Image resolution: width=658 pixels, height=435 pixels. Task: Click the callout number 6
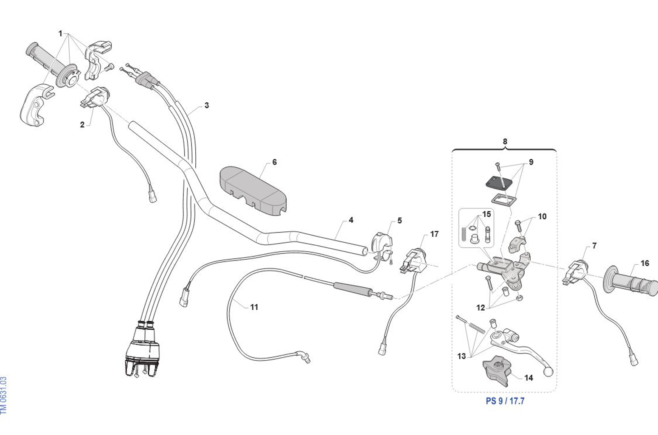pyautogui.click(x=274, y=162)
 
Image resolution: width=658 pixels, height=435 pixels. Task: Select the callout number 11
pyautogui.click(x=254, y=307)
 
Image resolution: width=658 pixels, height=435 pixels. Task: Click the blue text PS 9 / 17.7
pyautogui.click(x=505, y=401)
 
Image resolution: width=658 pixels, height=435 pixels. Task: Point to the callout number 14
pyautogui.click(x=529, y=378)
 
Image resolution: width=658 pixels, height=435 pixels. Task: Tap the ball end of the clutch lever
pyautogui.click(x=548, y=372)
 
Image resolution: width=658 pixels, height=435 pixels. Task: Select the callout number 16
pyautogui.click(x=644, y=263)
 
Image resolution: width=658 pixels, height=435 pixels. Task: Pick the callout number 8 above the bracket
pyautogui.click(x=505, y=141)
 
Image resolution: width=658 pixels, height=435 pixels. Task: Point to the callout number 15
pyautogui.click(x=486, y=214)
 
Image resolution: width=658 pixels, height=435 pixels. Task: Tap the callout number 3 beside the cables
pyautogui.click(x=206, y=105)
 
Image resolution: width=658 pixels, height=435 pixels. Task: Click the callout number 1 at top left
pyautogui.click(x=60, y=33)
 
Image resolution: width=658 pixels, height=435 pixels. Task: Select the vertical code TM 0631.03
pyautogui.click(x=4, y=395)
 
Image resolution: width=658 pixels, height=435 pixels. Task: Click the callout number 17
pyautogui.click(x=434, y=234)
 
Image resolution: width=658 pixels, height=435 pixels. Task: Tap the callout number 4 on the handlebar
pyautogui.click(x=351, y=220)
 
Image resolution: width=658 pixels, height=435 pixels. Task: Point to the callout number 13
pyautogui.click(x=461, y=356)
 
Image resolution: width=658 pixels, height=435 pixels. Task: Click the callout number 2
pyautogui.click(x=82, y=124)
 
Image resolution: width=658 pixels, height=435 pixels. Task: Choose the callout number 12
pyautogui.click(x=480, y=308)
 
